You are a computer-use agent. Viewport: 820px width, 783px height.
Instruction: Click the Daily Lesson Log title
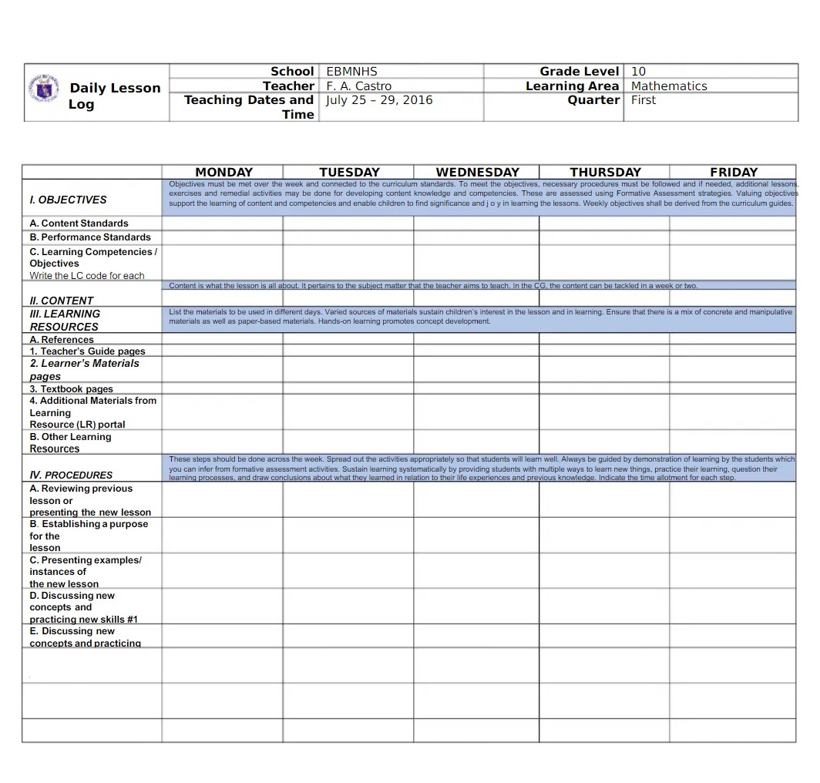click(114, 96)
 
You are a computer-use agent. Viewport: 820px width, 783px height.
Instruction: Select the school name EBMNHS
click(351, 72)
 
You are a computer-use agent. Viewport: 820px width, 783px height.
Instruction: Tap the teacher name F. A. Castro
click(358, 86)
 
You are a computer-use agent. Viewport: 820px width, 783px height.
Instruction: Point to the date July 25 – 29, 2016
click(379, 100)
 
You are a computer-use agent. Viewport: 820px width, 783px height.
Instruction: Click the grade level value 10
click(638, 72)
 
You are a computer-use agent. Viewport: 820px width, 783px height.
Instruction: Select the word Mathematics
click(668, 86)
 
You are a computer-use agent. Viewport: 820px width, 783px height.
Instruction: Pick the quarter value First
click(644, 100)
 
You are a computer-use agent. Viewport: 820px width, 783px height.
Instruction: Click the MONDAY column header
click(223, 173)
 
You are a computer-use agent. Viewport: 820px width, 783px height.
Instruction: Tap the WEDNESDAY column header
click(477, 173)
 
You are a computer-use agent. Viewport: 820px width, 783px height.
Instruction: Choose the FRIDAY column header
click(733, 173)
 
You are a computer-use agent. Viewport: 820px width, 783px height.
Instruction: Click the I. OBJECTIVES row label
click(68, 200)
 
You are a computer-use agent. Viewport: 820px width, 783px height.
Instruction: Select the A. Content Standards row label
click(79, 223)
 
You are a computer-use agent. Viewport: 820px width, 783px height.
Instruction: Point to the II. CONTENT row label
click(61, 301)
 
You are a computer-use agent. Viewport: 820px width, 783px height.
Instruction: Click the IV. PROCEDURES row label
click(71, 475)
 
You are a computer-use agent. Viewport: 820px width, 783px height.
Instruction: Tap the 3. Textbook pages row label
click(71, 389)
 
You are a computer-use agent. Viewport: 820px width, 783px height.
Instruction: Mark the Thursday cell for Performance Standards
click(604, 237)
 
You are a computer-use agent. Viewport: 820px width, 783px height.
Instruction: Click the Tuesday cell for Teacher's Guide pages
click(348, 351)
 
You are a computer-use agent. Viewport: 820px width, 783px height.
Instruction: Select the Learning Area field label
click(572, 86)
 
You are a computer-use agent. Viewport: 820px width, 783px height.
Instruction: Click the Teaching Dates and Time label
click(249, 107)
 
